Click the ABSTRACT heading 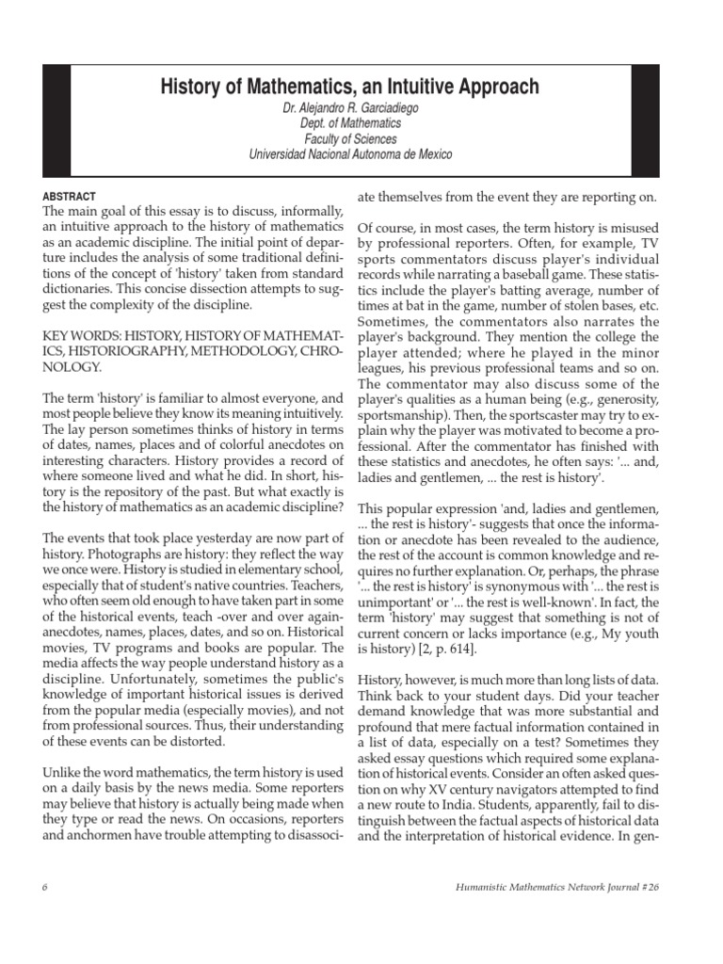click(71, 197)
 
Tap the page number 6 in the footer click(45, 887)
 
